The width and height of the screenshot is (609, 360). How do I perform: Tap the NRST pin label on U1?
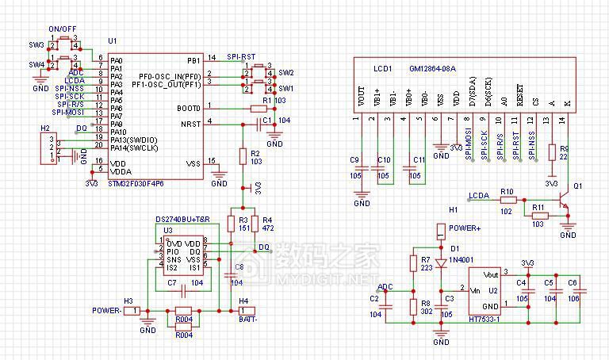(x=190, y=123)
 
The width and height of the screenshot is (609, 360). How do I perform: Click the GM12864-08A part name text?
(x=431, y=69)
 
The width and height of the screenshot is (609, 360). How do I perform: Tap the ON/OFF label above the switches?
(x=61, y=29)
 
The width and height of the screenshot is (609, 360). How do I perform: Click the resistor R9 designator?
(x=564, y=148)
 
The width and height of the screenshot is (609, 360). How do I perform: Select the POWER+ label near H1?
(x=465, y=228)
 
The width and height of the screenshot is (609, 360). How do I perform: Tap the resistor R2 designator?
(x=255, y=152)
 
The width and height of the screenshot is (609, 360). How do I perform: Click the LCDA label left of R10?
(x=478, y=194)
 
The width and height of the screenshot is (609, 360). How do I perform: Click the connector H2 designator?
(x=44, y=128)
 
